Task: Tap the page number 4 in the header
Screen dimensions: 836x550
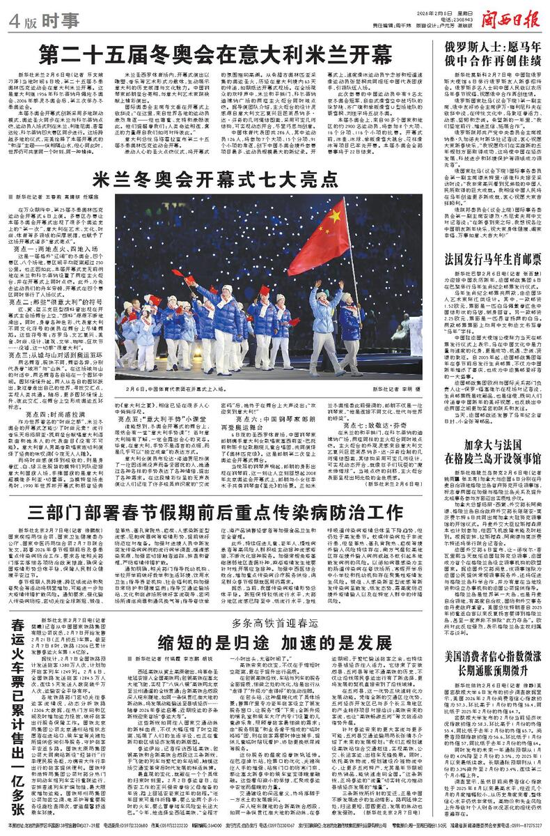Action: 13,20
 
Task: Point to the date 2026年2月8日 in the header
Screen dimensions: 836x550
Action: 423,10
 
